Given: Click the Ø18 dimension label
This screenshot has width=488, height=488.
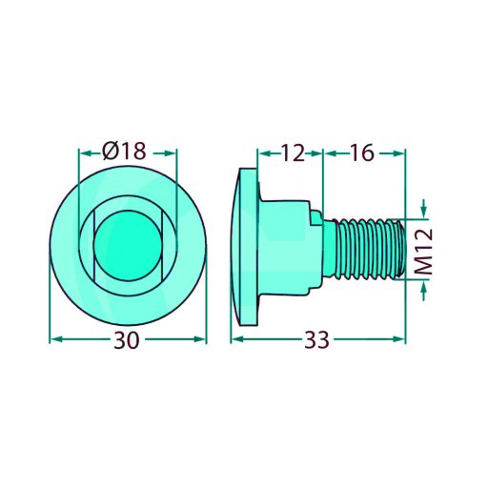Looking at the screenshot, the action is (124, 151).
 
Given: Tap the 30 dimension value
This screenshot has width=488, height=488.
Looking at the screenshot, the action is (127, 340).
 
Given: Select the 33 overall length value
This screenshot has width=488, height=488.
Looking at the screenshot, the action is (316, 340).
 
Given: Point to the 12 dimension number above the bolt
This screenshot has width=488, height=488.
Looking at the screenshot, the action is (293, 153).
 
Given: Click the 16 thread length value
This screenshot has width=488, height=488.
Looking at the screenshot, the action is (363, 152).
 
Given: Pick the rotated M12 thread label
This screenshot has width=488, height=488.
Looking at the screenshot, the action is (424, 251).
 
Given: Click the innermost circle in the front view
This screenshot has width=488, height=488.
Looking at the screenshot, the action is (128, 245).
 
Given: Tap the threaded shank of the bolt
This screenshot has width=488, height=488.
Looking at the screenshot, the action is (365, 249).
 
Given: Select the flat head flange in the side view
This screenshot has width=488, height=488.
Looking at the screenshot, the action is (249, 247).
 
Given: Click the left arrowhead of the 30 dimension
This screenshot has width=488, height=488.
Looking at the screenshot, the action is (56, 339).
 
